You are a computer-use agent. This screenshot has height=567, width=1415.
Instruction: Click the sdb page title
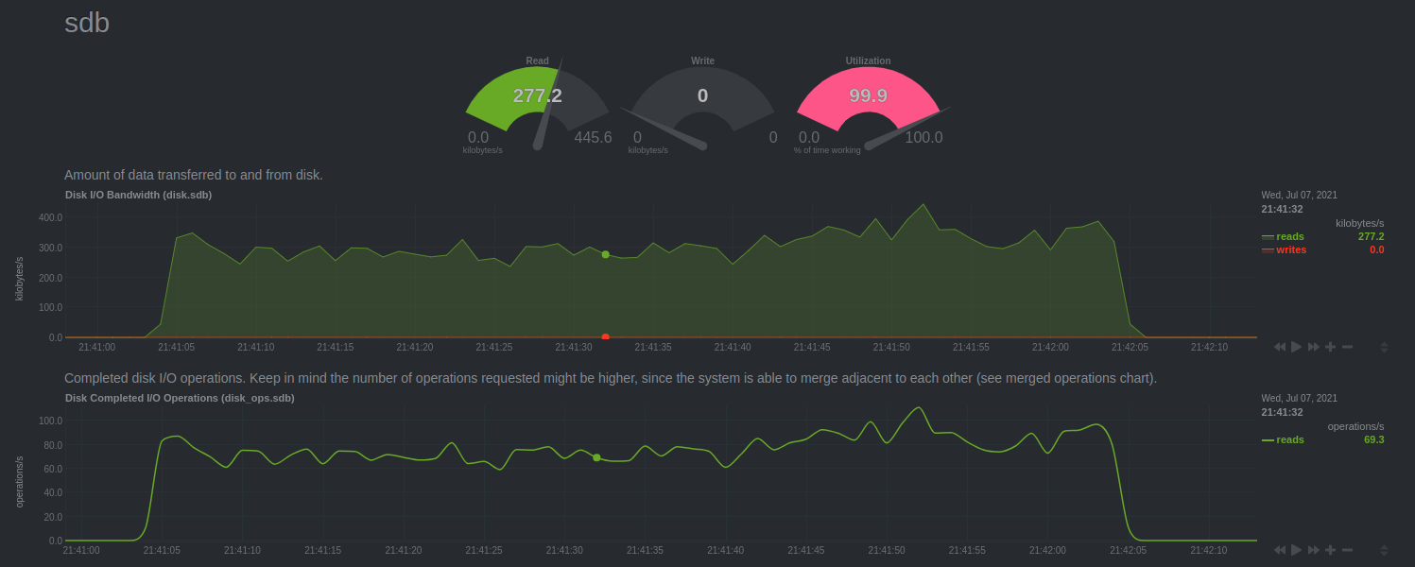(x=87, y=24)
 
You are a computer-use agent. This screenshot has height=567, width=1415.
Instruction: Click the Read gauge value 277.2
(x=537, y=95)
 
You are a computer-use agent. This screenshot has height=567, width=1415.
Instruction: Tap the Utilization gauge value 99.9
(x=868, y=95)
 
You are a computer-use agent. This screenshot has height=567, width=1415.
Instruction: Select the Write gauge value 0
(x=702, y=95)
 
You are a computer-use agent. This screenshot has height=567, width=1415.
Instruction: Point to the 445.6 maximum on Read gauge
(x=593, y=138)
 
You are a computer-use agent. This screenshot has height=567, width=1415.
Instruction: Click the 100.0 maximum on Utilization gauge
(x=923, y=138)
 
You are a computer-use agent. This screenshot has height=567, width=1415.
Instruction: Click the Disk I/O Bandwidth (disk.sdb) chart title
(x=138, y=195)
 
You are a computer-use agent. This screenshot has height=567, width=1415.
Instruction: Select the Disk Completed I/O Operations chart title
(x=180, y=398)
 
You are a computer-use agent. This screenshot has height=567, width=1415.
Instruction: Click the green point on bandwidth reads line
(x=605, y=254)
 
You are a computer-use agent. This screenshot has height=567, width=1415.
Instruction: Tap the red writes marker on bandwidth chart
(x=605, y=336)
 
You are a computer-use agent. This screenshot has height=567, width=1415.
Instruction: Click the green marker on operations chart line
(x=596, y=457)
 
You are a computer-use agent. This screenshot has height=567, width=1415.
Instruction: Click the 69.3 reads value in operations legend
(x=1373, y=439)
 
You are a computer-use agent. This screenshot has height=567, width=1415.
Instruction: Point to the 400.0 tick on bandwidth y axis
(x=50, y=217)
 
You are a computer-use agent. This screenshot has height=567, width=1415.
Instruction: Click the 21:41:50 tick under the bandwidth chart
(x=889, y=347)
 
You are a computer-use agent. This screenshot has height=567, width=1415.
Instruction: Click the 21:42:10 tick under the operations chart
(x=1209, y=550)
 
